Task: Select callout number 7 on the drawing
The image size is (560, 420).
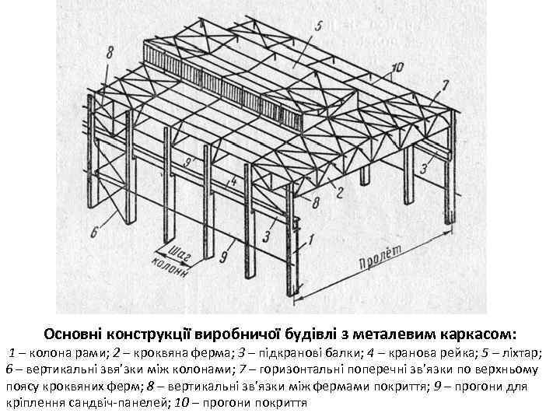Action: [x=445, y=84]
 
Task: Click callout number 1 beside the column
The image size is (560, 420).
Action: [x=312, y=240]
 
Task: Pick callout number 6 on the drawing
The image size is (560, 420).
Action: [x=96, y=232]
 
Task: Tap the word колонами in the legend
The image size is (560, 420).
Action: [x=190, y=369]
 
